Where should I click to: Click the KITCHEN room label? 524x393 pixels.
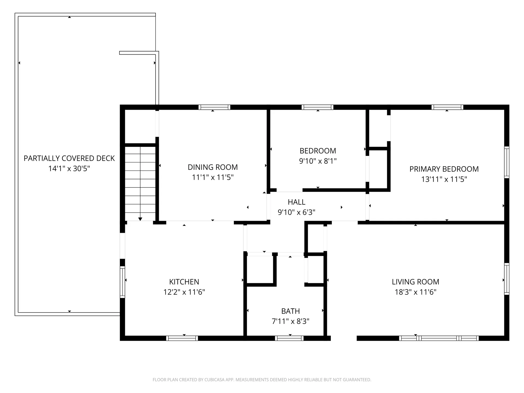point(184,282)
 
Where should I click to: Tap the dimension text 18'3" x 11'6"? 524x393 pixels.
point(415,292)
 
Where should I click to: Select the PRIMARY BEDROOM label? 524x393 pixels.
point(444,169)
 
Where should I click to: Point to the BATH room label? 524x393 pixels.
point(290,311)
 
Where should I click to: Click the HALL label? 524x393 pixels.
point(296,202)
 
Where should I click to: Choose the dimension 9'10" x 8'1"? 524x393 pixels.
point(318,161)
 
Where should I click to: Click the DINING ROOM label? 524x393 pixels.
point(213,167)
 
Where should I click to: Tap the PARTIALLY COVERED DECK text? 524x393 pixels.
point(69,158)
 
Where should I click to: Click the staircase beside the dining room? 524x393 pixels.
point(140,183)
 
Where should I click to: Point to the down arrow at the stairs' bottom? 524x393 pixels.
point(140,219)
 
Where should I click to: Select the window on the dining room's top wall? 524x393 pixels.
point(214,107)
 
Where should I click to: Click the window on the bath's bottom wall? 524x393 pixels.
point(289,338)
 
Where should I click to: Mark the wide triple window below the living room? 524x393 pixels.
point(439,338)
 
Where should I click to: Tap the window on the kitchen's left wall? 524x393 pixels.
point(123,282)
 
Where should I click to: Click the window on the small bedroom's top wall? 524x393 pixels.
point(317,107)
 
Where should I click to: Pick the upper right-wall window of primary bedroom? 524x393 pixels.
point(507,162)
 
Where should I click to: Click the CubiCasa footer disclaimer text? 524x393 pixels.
point(262,380)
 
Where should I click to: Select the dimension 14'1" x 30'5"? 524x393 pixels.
point(69,169)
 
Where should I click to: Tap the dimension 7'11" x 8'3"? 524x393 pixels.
point(290,321)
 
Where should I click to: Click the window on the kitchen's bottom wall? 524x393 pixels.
point(182,338)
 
